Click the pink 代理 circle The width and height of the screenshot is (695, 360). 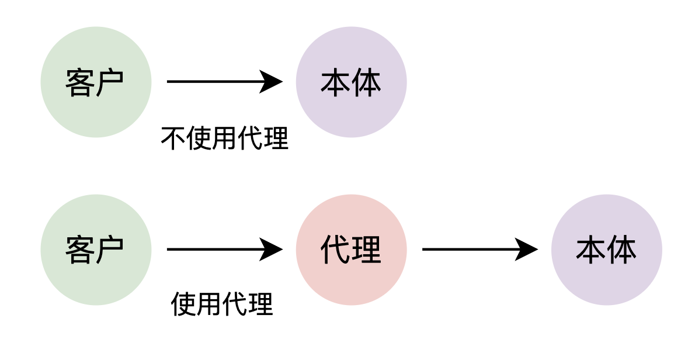[x=351, y=250]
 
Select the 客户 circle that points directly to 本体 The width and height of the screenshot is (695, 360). [x=96, y=82]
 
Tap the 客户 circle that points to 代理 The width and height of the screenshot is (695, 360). [x=96, y=250]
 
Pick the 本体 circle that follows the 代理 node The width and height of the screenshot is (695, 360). [x=606, y=250]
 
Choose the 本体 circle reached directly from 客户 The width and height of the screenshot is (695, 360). [x=351, y=82]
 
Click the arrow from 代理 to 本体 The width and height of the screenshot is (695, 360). [x=473, y=250]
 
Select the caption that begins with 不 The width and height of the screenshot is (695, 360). [x=224, y=139]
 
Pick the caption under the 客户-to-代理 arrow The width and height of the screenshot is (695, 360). [x=222, y=304]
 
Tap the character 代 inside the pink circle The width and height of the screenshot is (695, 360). [x=336, y=250]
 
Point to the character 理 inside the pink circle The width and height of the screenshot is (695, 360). [x=366, y=250]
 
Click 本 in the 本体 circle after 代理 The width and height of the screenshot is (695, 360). [x=591, y=250]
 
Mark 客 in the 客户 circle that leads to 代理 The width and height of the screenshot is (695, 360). [x=80, y=250]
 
